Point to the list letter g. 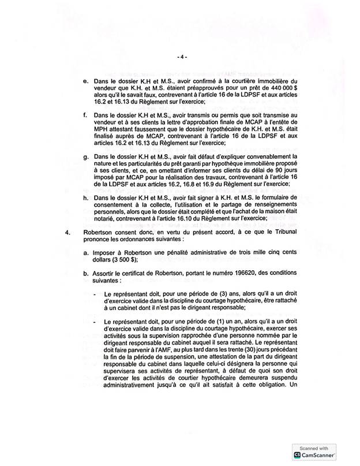[85, 156]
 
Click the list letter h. [85, 198]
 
